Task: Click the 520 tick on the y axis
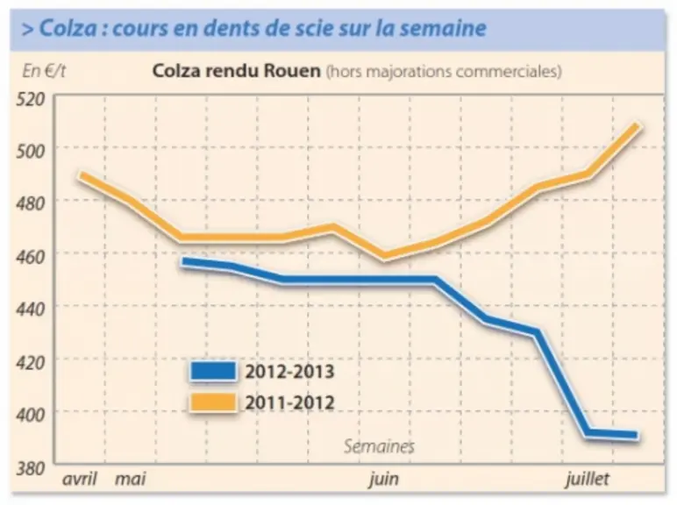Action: [x=31, y=99]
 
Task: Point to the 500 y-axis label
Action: [x=31, y=151]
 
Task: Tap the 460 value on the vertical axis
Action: [x=31, y=256]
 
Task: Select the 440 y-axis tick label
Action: [x=31, y=309]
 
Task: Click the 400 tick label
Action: [x=31, y=415]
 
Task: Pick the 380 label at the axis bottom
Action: [x=31, y=468]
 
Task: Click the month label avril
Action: [x=80, y=479]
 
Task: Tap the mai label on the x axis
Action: [x=131, y=479]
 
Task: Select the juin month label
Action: [x=383, y=480]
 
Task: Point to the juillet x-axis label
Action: [x=588, y=479]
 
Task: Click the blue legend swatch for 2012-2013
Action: [x=213, y=371]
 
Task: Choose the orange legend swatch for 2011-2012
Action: [x=213, y=402]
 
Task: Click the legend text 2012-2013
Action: [x=289, y=372]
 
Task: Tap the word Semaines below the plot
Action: [x=379, y=446]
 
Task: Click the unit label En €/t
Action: [x=44, y=71]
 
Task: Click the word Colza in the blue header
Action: [x=68, y=28]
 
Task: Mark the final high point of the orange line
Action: [x=636, y=126]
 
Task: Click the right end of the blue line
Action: [x=636, y=435]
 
